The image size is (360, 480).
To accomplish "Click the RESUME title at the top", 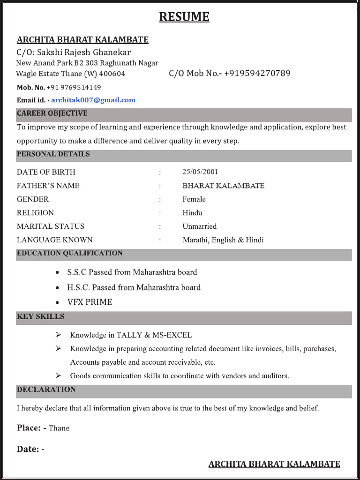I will click(184, 17).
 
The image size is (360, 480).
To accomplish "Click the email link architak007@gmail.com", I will click(93, 100).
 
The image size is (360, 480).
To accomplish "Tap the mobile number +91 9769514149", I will click(74, 87).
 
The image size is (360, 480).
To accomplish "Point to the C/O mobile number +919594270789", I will click(257, 73).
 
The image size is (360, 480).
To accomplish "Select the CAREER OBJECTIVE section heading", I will click(52, 113).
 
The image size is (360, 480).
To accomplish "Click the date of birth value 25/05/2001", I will click(200, 172).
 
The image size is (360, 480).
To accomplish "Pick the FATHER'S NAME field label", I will click(48, 186).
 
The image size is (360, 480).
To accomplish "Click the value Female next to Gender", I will click(194, 199).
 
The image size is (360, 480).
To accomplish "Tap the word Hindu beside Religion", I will click(192, 213).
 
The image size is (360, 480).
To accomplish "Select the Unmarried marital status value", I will click(200, 226).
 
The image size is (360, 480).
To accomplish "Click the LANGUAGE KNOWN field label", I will click(55, 240).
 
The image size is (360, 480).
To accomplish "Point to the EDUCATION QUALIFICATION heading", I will click(70, 253).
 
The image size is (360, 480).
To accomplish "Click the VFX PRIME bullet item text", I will click(90, 302).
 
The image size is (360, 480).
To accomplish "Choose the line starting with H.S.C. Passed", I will click(134, 287).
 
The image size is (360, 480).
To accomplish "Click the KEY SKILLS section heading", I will click(41, 316).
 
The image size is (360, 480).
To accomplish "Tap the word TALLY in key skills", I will click(127, 335).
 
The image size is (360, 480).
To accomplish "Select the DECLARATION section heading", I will click(46, 390).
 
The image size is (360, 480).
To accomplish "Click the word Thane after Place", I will click(59, 428).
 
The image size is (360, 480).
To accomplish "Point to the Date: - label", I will click(30, 449).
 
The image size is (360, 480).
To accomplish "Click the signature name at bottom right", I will click(274, 464).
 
